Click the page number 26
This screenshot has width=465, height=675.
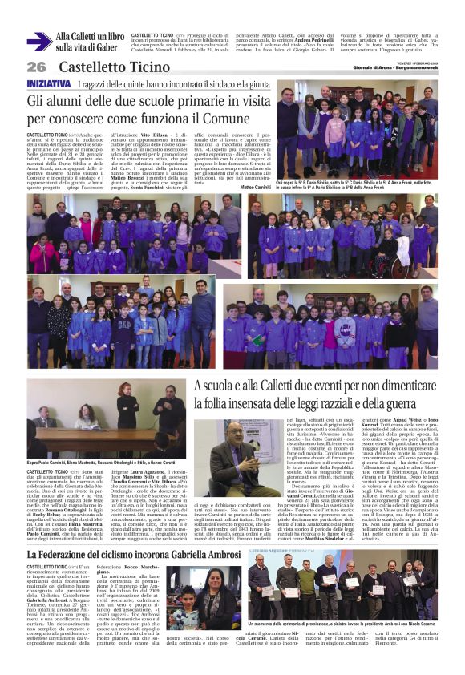tap(36, 67)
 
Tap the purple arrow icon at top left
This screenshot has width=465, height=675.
tap(39, 42)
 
